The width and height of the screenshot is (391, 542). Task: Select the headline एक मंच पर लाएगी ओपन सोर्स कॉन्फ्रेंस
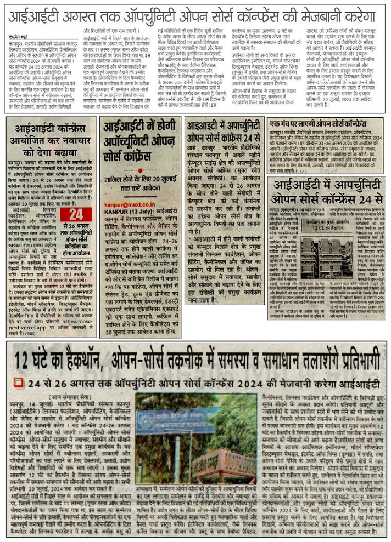(326, 124)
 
